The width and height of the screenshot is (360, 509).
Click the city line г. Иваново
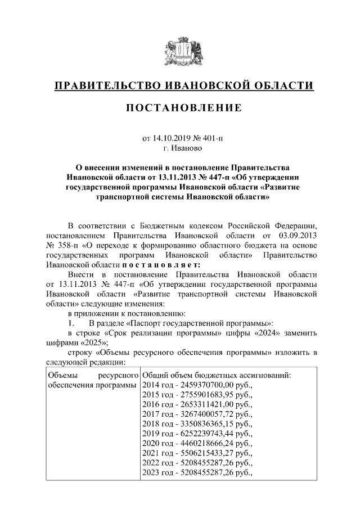click(x=179, y=148)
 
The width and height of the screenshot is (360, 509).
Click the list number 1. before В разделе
click(x=71, y=323)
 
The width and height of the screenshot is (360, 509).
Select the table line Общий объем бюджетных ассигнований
click(x=216, y=375)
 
